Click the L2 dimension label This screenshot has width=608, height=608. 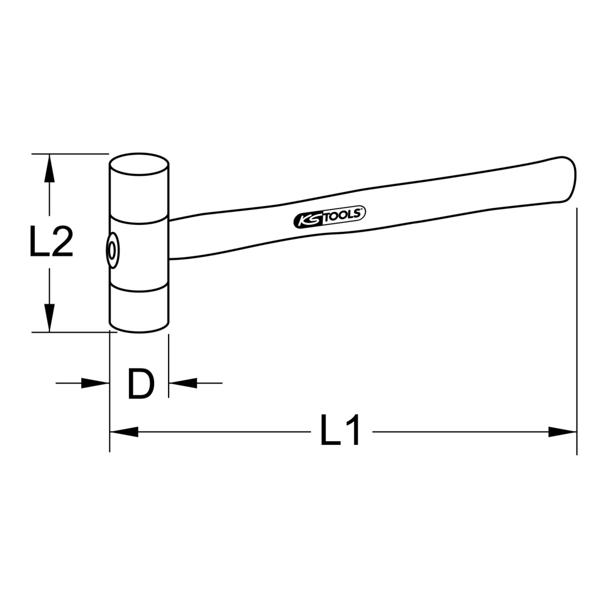pos(51,242)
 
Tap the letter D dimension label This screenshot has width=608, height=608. pos(141,384)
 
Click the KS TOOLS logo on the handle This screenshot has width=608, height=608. pos(329,217)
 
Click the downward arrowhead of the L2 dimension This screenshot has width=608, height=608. pos(49,318)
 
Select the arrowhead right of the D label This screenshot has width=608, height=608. pos(183,383)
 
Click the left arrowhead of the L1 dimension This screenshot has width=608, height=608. pos(124,432)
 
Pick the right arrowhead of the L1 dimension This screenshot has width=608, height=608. pos(563,432)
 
